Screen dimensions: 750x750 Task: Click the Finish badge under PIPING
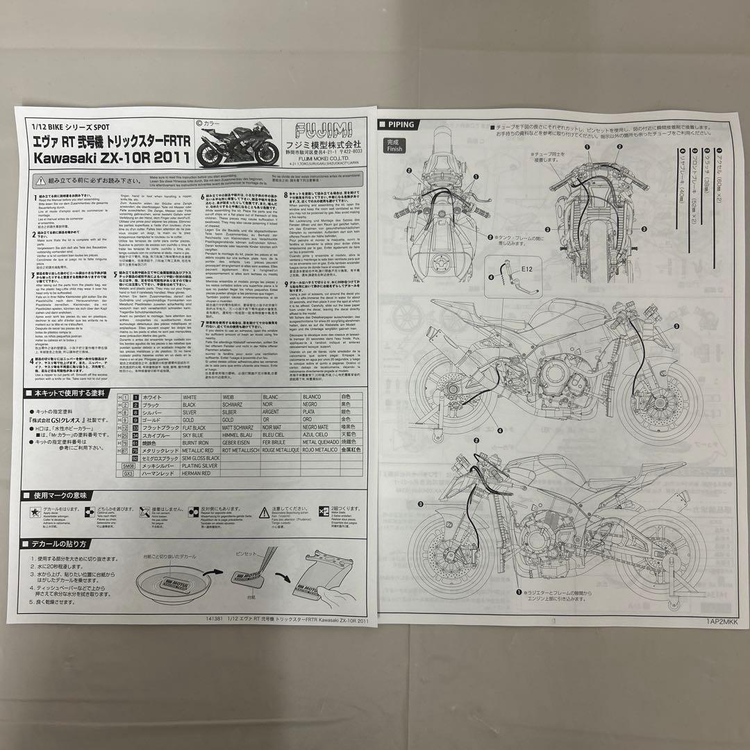[x=394, y=145]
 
